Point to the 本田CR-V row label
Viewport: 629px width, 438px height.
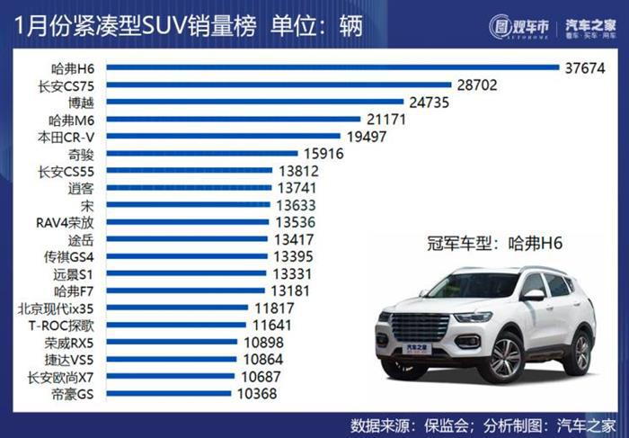point(66,137)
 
